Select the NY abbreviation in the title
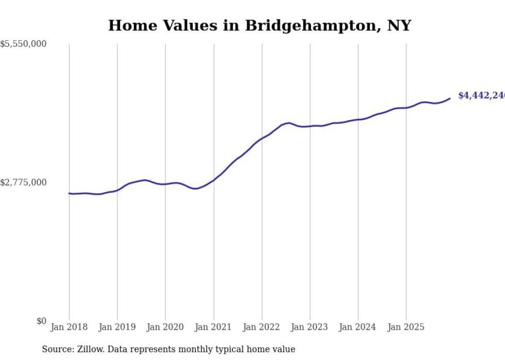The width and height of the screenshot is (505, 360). pos(399,26)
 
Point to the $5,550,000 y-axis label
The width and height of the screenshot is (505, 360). pos(23,44)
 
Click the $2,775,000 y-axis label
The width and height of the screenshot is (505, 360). pos(23,182)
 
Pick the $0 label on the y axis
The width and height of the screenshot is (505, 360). pos(41,321)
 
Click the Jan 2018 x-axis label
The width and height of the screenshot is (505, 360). pos(69,328)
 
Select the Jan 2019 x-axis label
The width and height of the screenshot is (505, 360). pos(117,328)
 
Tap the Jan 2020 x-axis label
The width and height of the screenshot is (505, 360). pos(165,328)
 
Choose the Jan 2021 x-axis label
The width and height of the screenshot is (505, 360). pos(213,328)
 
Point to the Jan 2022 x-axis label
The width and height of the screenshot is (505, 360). pos(262,328)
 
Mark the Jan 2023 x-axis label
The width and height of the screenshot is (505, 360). pos(310,328)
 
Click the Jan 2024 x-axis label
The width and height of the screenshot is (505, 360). pos(358,328)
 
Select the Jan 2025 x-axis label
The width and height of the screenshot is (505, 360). pos(406,328)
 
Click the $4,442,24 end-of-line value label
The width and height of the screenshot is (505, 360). pos(481,96)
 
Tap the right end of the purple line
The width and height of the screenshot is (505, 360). pos(450,98)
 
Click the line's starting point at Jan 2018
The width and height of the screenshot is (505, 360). pos(69,194)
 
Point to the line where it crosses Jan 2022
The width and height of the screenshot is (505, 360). pos(262,139)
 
